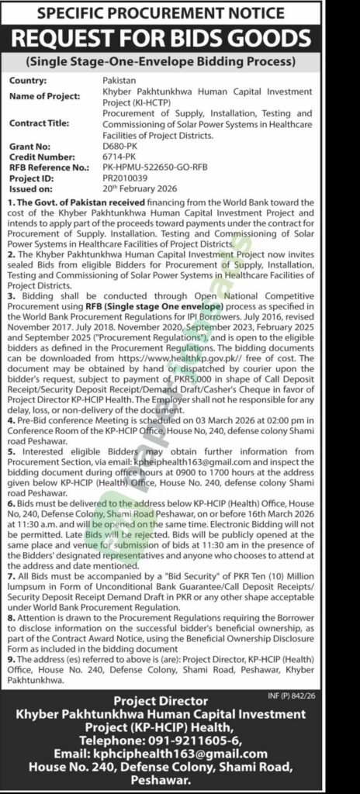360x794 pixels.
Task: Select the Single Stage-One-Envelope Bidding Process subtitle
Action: click(x=180, y=61)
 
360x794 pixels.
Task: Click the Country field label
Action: click(x=29, y=80)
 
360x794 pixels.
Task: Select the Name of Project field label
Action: click(x=46, y=95)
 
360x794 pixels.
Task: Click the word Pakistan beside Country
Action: click(x=119, y=80)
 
